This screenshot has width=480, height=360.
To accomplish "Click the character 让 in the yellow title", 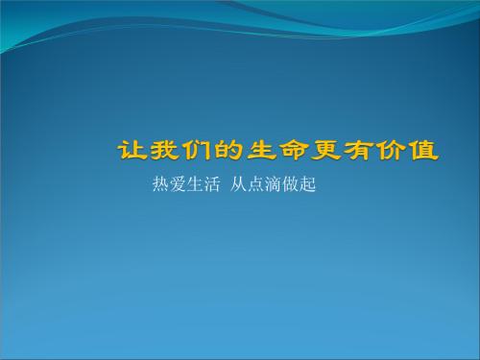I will click(132, 152).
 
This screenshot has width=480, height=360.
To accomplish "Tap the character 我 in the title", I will click(164, 152).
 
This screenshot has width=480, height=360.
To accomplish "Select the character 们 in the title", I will click(197, 152).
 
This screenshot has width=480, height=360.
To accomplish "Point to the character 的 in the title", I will click(229, 152).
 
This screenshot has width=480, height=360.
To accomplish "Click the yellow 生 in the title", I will click(262, 152).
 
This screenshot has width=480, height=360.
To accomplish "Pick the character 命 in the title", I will click(295, 152).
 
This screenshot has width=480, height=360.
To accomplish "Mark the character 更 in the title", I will click(327, 152).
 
